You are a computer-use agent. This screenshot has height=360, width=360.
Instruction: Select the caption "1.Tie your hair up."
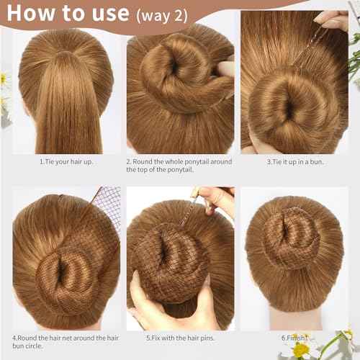point(66,161)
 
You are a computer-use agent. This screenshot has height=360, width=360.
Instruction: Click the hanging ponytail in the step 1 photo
point(63,108)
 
